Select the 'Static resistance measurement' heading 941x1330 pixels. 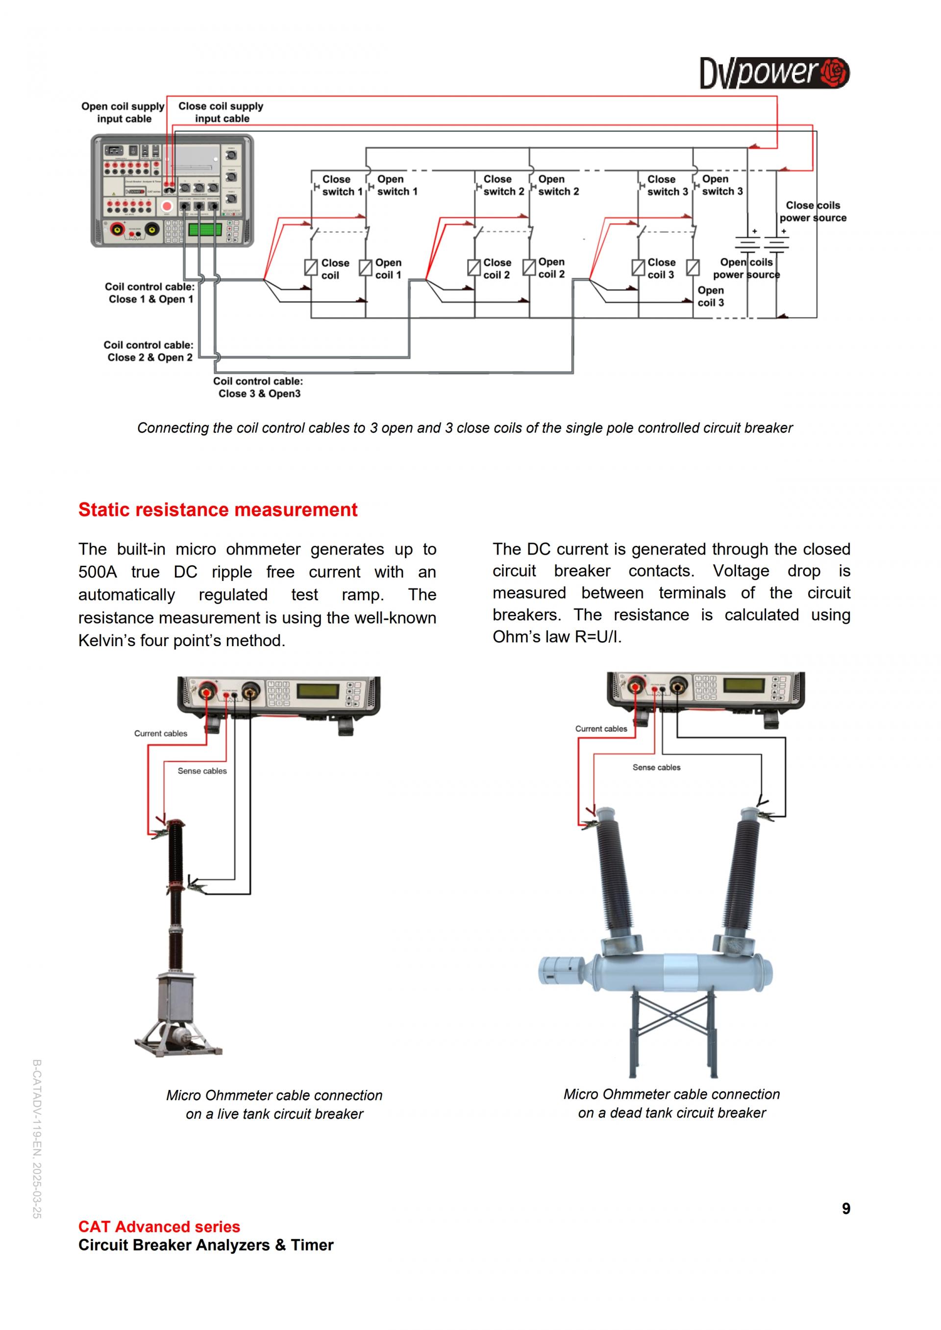tap(218, 510)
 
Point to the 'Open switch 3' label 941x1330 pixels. tap(722, 185)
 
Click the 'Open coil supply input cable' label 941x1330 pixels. tap(124, 112)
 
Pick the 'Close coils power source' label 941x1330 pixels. tap(813, 212)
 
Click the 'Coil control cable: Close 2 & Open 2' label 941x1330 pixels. tap(149, 351)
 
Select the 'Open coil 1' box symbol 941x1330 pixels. tap(366, 267)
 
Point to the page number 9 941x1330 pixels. tap(846, 1209)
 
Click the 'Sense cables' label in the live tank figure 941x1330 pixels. tap(202, 771)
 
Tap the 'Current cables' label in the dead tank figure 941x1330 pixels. tap(601, 729)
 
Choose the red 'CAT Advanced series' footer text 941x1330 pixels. tap(159, 1226)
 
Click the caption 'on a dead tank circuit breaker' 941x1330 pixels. tap(671, 1113)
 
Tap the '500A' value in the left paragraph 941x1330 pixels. tap(98, 572)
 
